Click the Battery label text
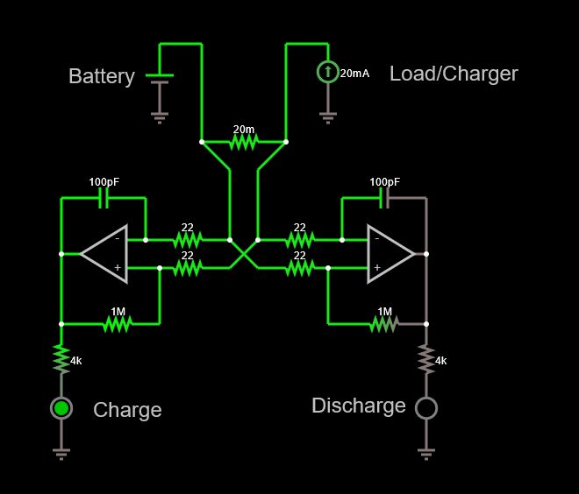102,76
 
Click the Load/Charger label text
454,74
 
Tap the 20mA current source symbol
327,72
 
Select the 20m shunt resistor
243,141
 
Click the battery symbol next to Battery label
159,79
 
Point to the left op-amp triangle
105,254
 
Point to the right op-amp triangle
389,254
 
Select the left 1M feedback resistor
117,324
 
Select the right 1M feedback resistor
384,324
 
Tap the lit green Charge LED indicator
61,407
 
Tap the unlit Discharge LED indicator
425,407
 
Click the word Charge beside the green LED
127,410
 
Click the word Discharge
359,406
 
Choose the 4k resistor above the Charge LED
61,358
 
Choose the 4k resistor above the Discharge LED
425,358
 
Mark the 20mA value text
354,74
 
